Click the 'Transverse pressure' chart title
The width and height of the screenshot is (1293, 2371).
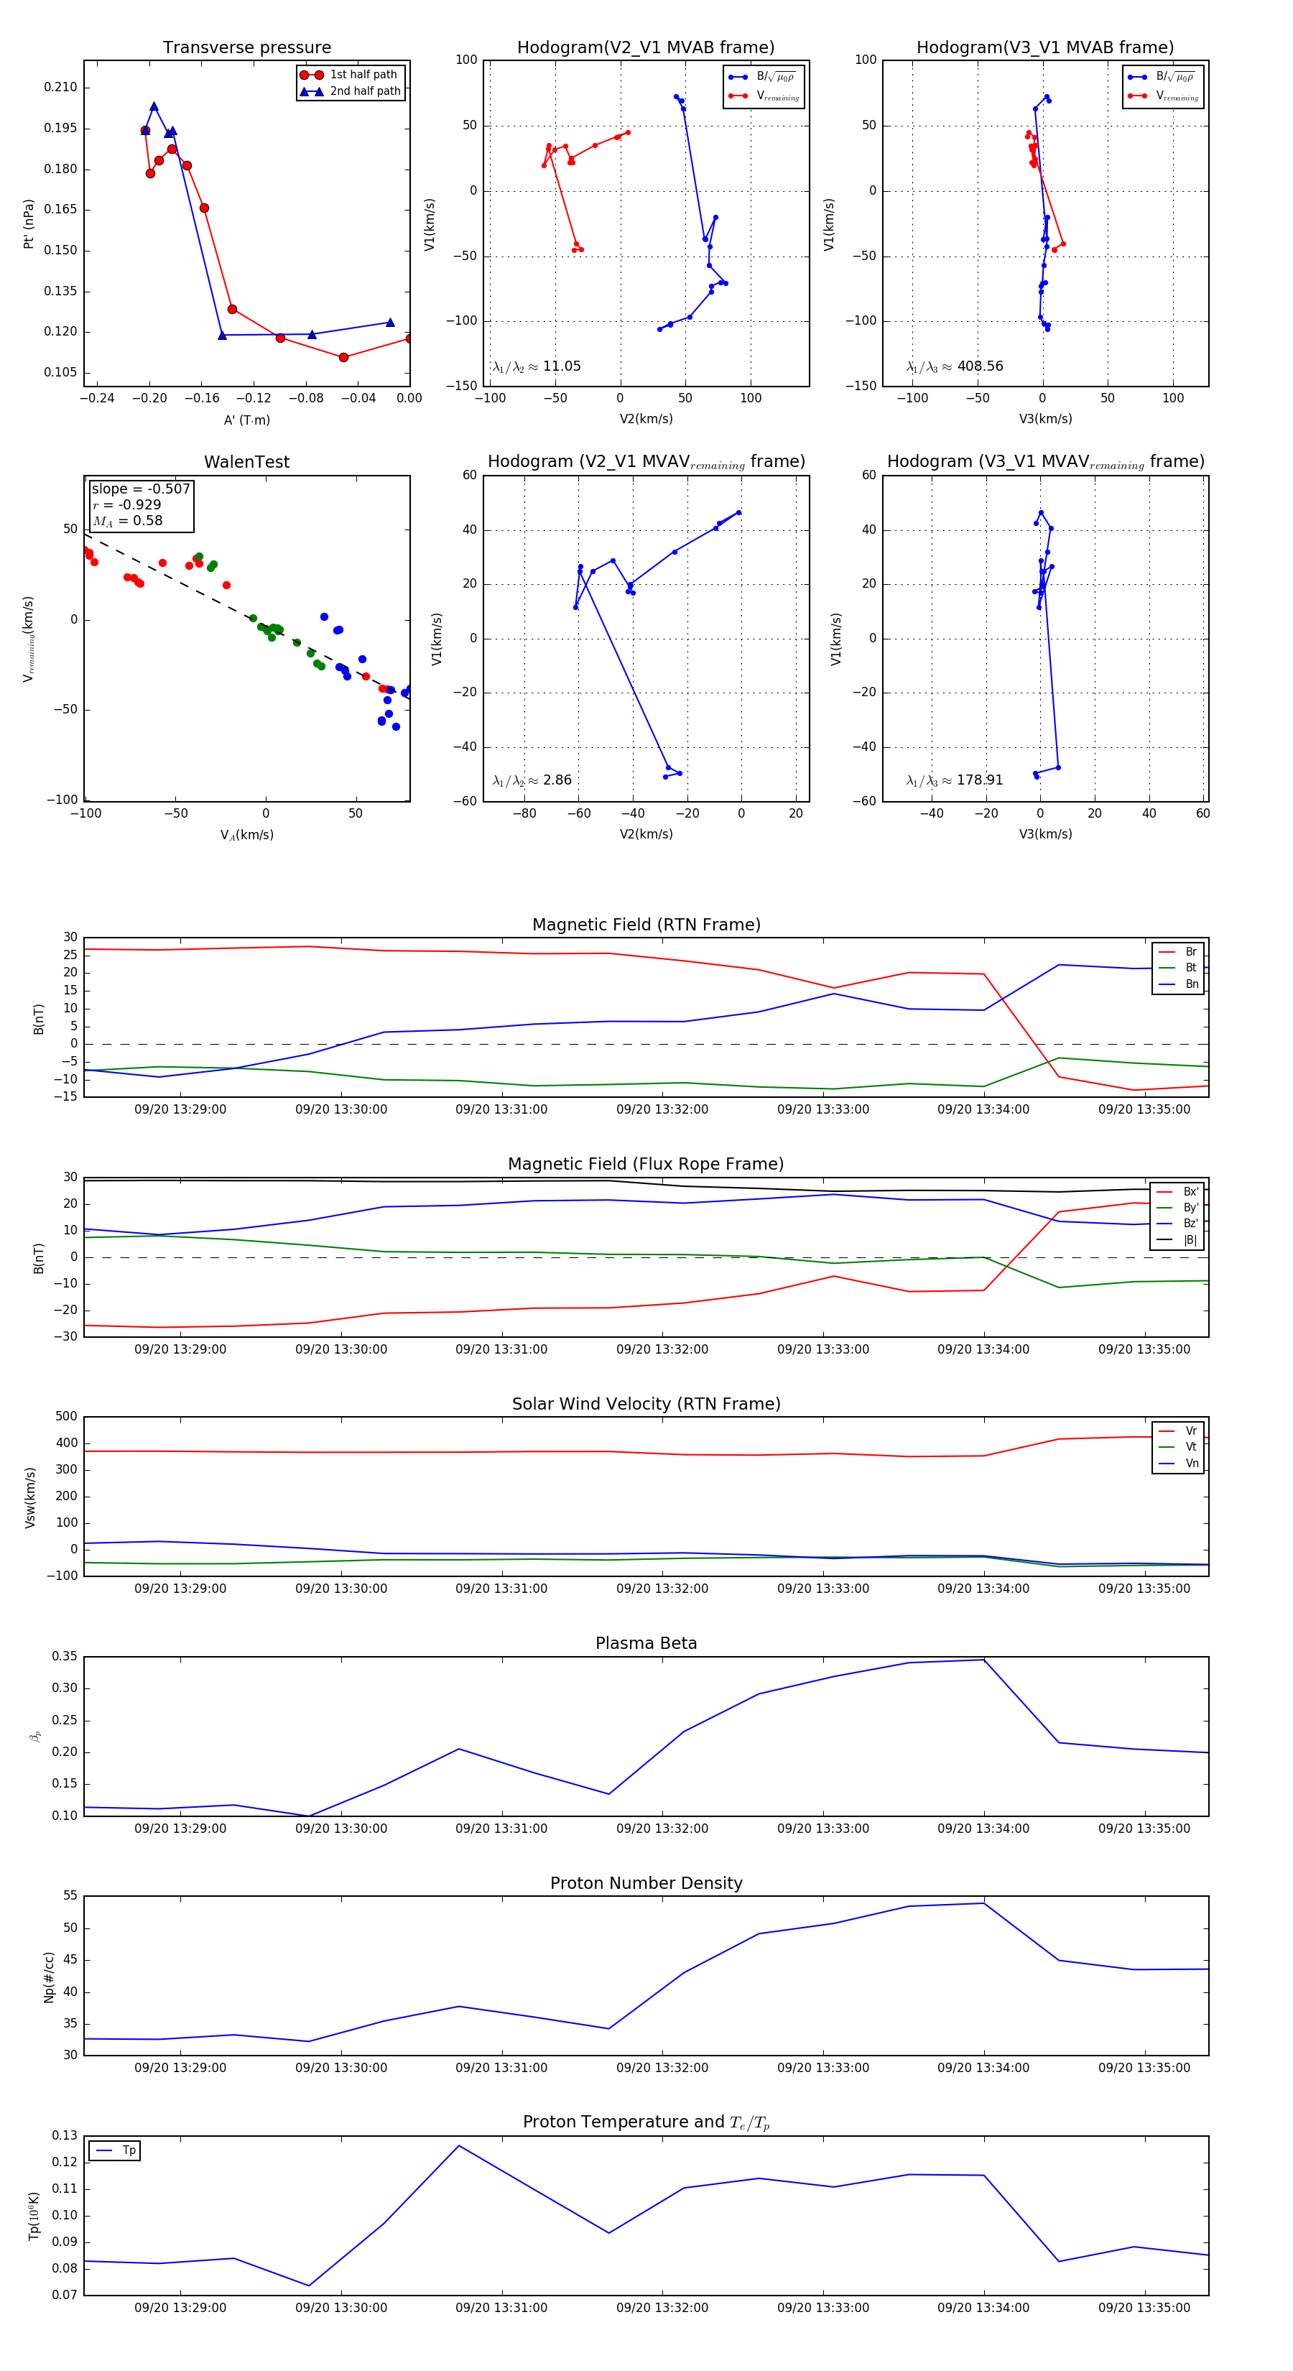pos(246,48)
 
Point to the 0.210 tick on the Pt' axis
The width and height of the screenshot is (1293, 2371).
pos(61,88)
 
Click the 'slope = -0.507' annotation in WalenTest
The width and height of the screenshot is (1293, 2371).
pos(140,489)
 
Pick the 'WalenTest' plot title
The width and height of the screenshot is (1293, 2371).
pos(246,462)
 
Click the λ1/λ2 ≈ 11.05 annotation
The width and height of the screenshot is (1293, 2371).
pos(537,366)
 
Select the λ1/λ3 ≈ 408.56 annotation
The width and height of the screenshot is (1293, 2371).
pos(955,366)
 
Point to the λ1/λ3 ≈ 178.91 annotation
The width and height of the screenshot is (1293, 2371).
pos(955,780)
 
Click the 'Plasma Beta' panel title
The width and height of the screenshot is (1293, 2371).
pos(646,1643)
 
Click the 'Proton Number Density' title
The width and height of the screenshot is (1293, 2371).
pos(646,1883)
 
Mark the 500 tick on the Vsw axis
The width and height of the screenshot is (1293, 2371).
pos(66,1417)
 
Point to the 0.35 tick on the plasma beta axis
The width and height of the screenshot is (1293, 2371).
pos(65,1657)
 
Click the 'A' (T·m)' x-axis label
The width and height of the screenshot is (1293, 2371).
pos(246,420)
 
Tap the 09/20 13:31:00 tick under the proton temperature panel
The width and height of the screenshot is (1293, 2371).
pos(501,2308)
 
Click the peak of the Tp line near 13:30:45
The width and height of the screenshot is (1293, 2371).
pos(459,2145)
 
